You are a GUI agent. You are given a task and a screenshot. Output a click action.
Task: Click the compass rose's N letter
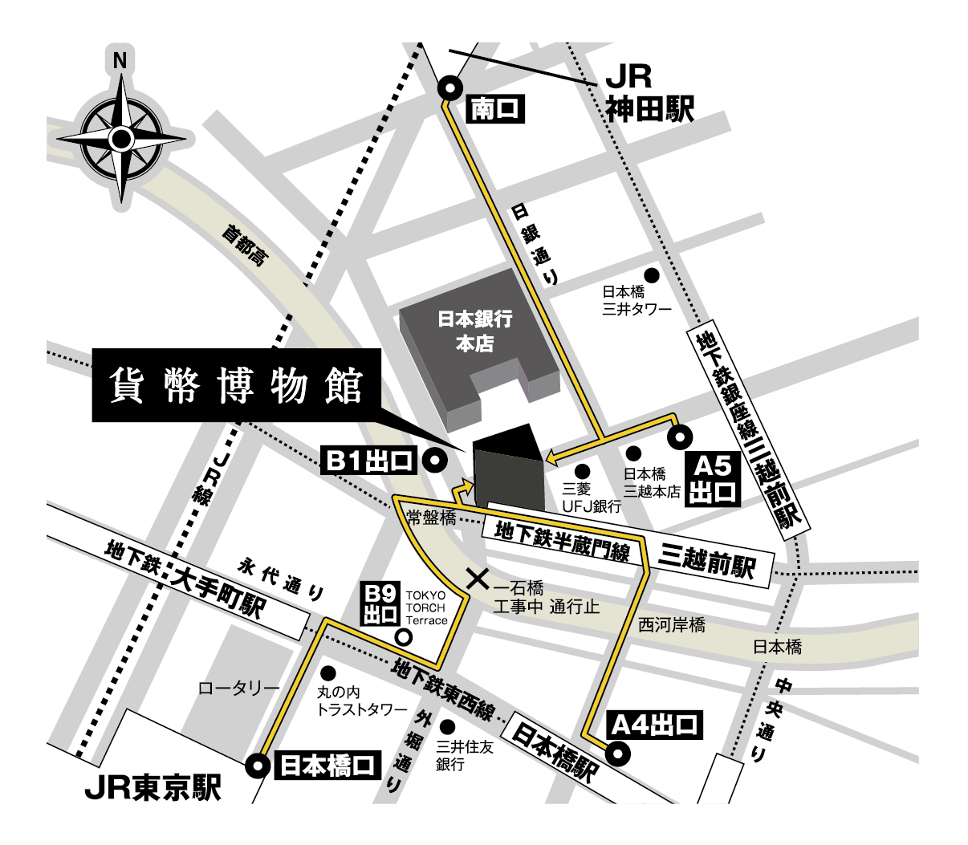120,60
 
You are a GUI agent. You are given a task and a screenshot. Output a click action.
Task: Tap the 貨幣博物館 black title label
237,386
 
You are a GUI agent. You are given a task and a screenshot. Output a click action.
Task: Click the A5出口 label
713,479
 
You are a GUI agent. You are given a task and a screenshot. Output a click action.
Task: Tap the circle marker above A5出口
680,437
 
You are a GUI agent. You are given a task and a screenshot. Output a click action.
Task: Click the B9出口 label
380,604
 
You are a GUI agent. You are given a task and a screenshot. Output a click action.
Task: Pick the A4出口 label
654,725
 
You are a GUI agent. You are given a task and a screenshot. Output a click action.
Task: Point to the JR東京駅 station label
153,789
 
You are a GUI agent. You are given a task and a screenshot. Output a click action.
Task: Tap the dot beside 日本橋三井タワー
652,276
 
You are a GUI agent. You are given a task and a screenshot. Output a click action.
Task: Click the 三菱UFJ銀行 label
592,497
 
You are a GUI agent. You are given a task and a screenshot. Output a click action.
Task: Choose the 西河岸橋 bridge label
672,624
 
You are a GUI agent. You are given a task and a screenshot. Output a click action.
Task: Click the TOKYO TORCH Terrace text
426,607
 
